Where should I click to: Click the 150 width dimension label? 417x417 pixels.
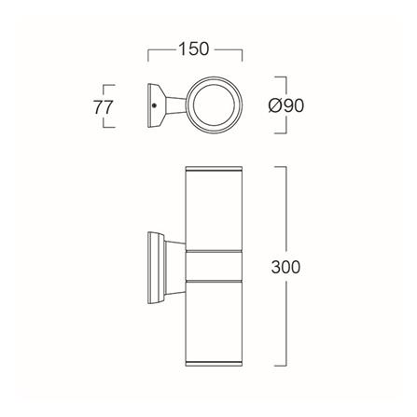pyautogui.click(x=194, y=49)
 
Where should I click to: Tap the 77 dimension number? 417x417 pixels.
pyautogui.click(x=103, y=107)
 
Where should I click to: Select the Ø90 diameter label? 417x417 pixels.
pyautogui.click(x=285, y=106)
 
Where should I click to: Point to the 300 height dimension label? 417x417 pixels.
pyautogui.click(x=285, y=267)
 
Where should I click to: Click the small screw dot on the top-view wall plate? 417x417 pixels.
pyautogui.click(x=153, y=105)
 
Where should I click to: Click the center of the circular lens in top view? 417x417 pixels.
pyautogui.click(x=214, y=104)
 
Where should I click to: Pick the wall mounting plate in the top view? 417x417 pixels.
pyautogui.click(x=155, y=105)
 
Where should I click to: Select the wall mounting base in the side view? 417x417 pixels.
pyautogui.click(x=156, y=268)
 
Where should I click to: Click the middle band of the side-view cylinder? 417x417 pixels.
pyautogui.click(x=214, y=265)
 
